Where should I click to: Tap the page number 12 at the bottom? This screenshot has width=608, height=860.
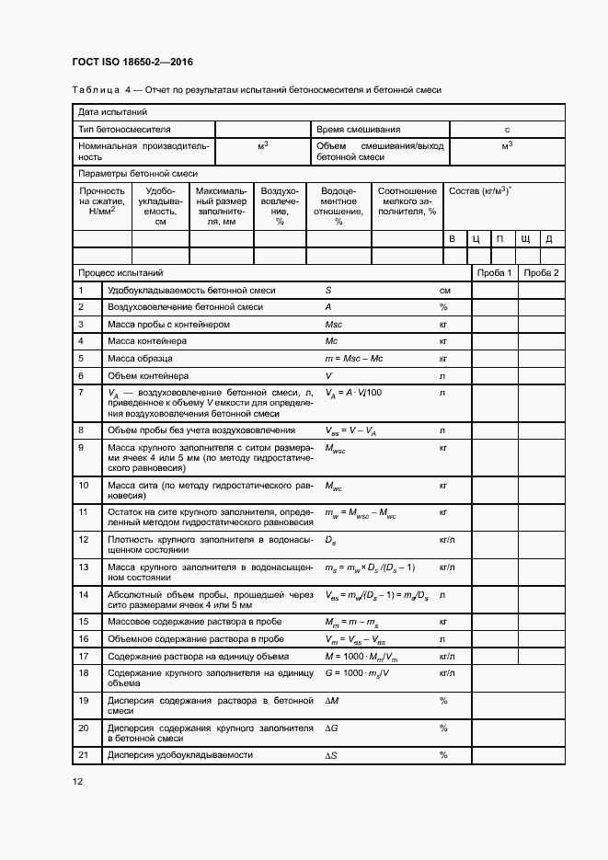coord(77,781)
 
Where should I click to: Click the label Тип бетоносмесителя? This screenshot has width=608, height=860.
coord(124,130)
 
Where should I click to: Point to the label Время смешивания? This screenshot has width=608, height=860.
coord(359,130)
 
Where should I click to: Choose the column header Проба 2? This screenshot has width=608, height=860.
coord(541,273)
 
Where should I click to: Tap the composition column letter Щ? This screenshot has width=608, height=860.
coord(525,239)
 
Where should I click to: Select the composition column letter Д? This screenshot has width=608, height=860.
coord(549,239)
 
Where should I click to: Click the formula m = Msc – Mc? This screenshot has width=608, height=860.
coord(355,359)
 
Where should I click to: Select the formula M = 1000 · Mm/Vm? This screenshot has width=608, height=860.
coord(361,656)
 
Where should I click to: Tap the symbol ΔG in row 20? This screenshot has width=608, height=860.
coord(332,728)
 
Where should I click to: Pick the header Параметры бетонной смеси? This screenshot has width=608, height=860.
coord(138,173)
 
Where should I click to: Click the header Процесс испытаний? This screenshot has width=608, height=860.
coord(120,273)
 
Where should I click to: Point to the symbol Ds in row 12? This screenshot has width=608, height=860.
coord(331,539)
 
